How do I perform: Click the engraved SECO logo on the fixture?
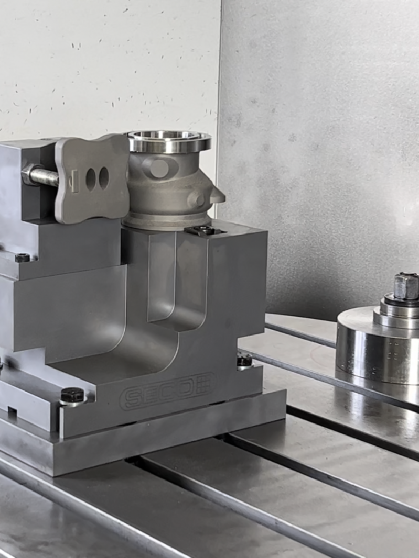(168, 390)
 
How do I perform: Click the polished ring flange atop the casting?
(167, 141)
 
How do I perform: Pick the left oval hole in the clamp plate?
(91, 178)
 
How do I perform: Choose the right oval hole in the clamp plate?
(104, 177)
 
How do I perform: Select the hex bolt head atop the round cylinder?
(406, 286)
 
